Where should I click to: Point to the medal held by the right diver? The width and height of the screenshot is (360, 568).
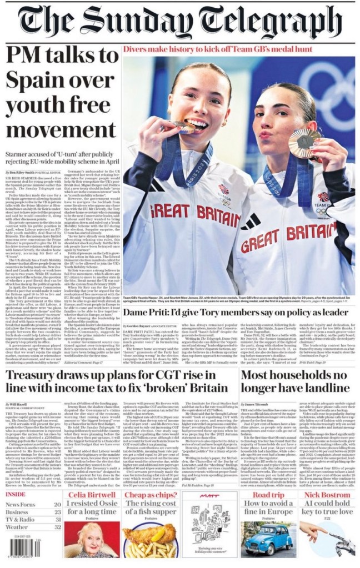click(303, 143)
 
